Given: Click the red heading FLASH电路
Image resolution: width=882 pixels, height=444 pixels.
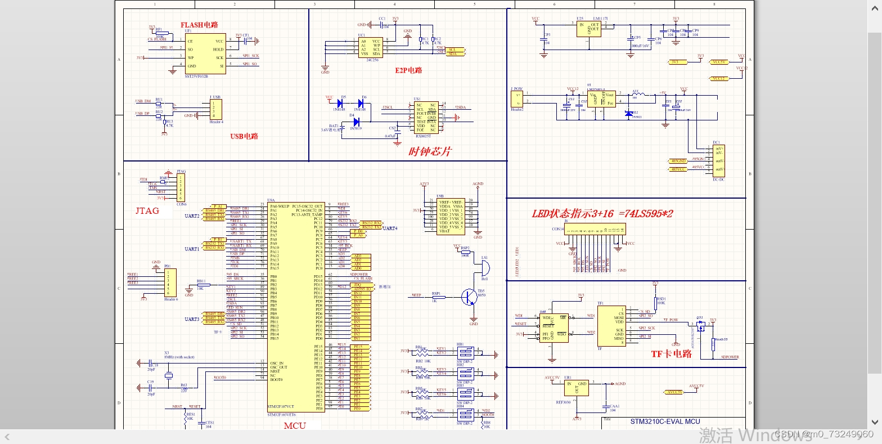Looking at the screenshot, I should pyautogui.click(x=199, y=25).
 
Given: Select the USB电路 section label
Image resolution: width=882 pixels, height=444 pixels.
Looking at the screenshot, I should pyautogui.click(x=244, y=136).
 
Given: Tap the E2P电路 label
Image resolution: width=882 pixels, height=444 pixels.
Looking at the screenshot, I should pyautogui.click(x=408, y=70).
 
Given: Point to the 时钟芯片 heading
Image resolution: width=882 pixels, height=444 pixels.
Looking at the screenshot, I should pyautogui.click(x=430, y=151).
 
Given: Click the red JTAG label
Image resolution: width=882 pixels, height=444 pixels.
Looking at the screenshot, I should pyautogui.click(x=147, y=210).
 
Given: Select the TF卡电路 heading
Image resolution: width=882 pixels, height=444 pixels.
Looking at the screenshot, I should pyautogui.click(x=671, y=354).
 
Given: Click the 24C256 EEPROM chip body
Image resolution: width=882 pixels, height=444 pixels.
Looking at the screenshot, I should pyautogui.click(x=371, y=47).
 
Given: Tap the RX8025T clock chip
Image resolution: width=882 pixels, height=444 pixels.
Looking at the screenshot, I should pyautogui.click(x=426, y=117).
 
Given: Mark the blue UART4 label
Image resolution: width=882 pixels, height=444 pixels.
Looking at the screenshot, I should pyautogui.click(x=390, y=228).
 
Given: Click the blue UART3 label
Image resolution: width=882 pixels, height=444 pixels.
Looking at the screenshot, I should pyautogui.click(x=192, y=319).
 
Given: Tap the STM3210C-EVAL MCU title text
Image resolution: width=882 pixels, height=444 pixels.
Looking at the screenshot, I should pyautogui.click(x=665, y=421).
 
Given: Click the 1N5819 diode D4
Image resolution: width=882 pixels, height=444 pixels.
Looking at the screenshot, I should pyautogui.click(x=355, y=122).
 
